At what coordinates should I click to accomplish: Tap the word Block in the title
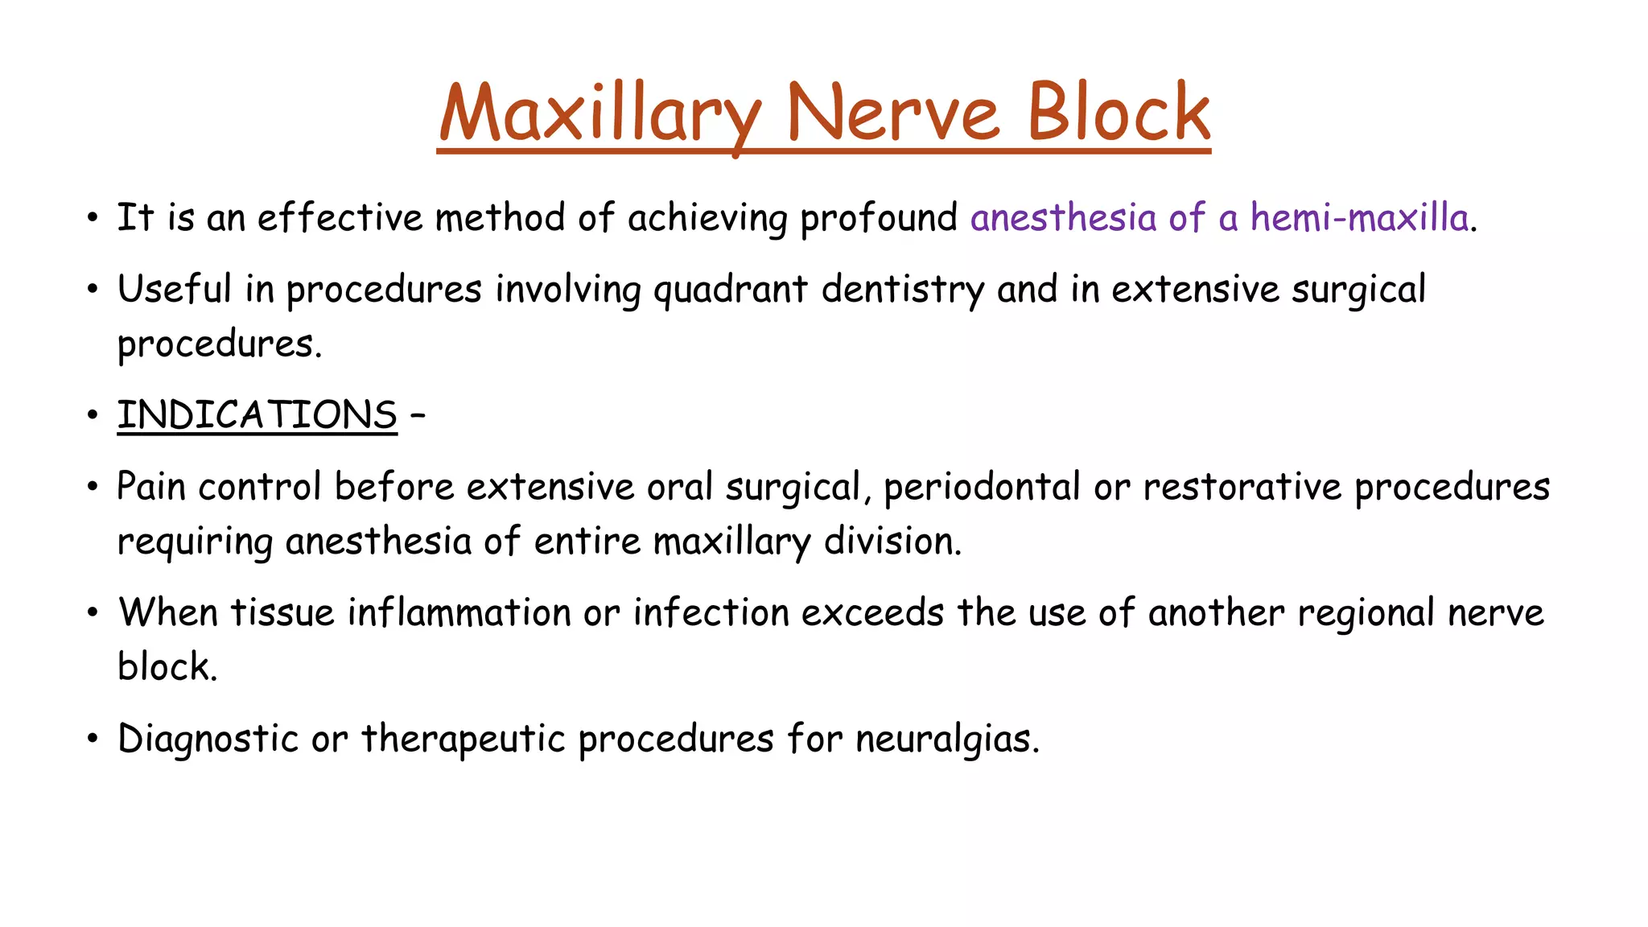1119,113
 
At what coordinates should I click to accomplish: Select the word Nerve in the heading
893,113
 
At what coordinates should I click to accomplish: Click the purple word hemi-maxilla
1360,218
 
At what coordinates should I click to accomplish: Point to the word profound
879,218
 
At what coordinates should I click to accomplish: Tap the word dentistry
903,290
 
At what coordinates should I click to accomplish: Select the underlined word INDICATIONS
257,415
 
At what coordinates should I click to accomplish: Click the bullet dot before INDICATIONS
93,416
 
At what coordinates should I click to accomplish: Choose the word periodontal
982,487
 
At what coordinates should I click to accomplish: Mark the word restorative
1242,487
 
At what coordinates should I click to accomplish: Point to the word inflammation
459,612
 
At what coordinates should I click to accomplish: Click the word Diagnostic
208,739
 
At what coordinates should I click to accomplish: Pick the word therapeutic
463,739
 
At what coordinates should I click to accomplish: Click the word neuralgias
947,739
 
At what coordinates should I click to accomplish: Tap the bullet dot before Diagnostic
93,739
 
